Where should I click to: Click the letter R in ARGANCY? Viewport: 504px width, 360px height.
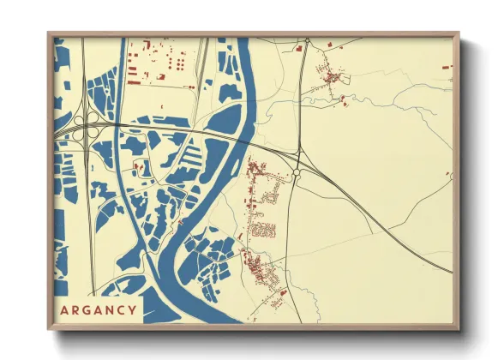(74, 310)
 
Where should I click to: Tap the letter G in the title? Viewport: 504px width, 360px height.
(85, 310)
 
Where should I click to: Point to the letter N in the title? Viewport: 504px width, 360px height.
(108, 310)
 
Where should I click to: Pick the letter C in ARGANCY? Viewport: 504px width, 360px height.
(120, 310)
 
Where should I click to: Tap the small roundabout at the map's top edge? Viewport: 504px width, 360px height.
(306, 40)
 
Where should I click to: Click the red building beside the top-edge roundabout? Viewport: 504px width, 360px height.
(298, 49)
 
